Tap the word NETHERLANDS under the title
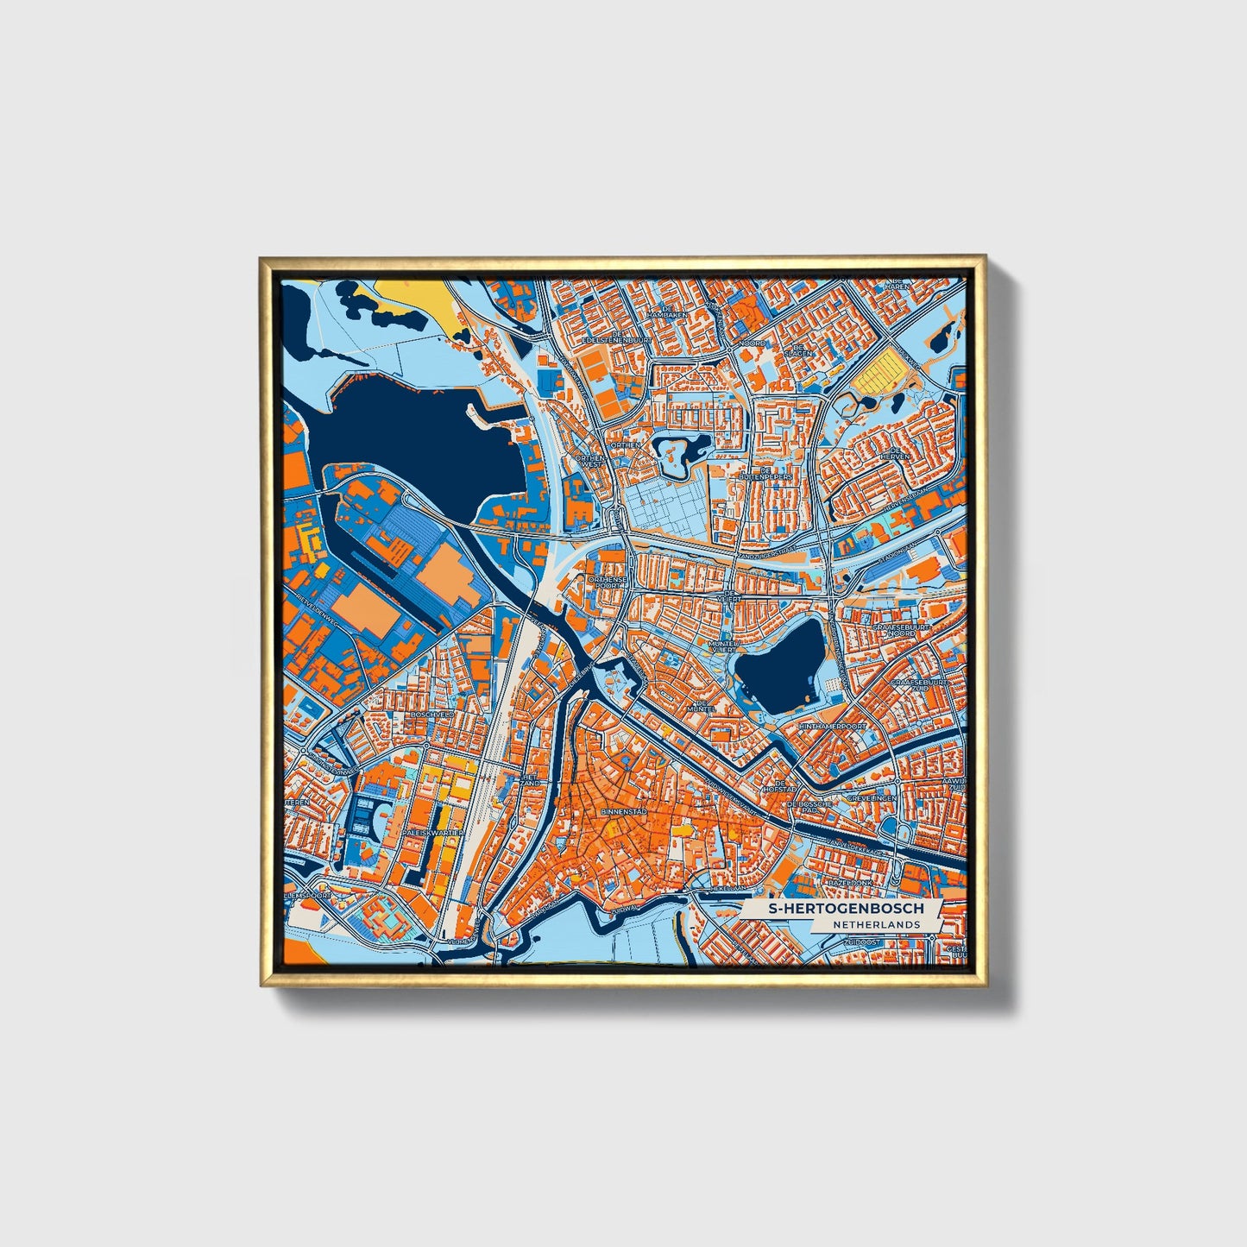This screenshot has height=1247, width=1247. tap(877, 924)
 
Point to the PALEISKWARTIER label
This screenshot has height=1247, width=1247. tap(430, 833)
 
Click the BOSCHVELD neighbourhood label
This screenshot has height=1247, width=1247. tap(432, 715)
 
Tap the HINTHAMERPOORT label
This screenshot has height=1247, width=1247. tap(832, 727)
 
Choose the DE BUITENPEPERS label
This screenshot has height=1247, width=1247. tap(765, 473)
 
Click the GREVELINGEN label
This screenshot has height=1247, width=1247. tap(872, 798)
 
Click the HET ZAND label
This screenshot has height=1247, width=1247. tap(529, 779)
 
